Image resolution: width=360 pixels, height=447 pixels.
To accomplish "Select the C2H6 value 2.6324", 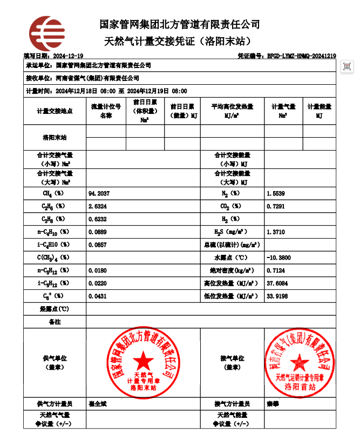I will (98, 206).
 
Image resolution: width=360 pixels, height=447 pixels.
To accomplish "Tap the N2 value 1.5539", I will (276, 193).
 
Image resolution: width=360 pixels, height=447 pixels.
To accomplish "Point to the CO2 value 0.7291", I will (276, 206).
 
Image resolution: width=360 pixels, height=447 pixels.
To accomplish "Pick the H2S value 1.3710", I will (276, 232).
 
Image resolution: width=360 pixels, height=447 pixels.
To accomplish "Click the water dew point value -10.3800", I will (279, 258).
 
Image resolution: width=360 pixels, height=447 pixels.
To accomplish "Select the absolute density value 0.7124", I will (276, 270).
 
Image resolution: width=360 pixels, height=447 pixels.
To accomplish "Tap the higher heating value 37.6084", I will (277, 283).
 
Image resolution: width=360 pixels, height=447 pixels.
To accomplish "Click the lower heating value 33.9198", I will (277, 296).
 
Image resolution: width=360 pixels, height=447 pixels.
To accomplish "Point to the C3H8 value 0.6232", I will (98, 219).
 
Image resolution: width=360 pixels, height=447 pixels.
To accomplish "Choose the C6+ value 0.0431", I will (98, 296).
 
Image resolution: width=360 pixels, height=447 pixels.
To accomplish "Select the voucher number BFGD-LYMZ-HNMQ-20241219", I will (302, 56).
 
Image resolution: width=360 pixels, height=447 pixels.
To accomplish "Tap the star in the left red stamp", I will (143, 359).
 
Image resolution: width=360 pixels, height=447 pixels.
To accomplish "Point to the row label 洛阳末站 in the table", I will (55, 138).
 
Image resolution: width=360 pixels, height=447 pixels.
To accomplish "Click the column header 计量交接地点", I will (55, 111).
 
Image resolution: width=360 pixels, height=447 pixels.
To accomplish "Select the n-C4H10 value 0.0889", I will (98, 232).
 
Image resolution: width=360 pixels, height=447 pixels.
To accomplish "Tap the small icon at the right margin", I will (348, 66).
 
